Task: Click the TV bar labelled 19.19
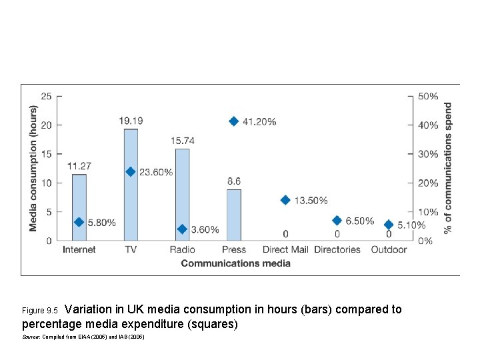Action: point(131,185)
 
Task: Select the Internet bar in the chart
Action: point(79,207)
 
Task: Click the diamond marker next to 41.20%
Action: point(233,121)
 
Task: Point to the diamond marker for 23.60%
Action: point(131,172)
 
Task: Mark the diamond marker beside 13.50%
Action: point(285,200)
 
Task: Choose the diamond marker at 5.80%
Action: point(79,222)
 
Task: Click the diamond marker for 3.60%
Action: point(182,229)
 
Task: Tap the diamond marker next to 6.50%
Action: point(337,221)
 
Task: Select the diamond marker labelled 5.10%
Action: point(389,225)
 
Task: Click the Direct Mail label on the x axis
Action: point(285,250)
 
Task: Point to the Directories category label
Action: point(337,250)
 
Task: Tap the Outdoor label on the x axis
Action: point(389,250)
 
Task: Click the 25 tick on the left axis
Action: point(46,96)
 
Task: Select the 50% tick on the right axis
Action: point(428,96)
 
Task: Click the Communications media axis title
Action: point(235,263)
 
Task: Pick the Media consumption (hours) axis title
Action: point(33,169)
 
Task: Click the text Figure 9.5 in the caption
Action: point(41,311)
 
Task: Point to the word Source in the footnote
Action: point(31,337)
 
